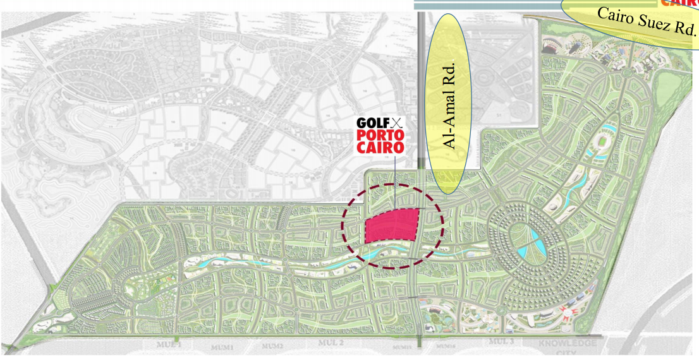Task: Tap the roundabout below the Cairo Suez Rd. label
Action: (x=625, y=73)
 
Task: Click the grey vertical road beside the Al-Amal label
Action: (x=420, y=95)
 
